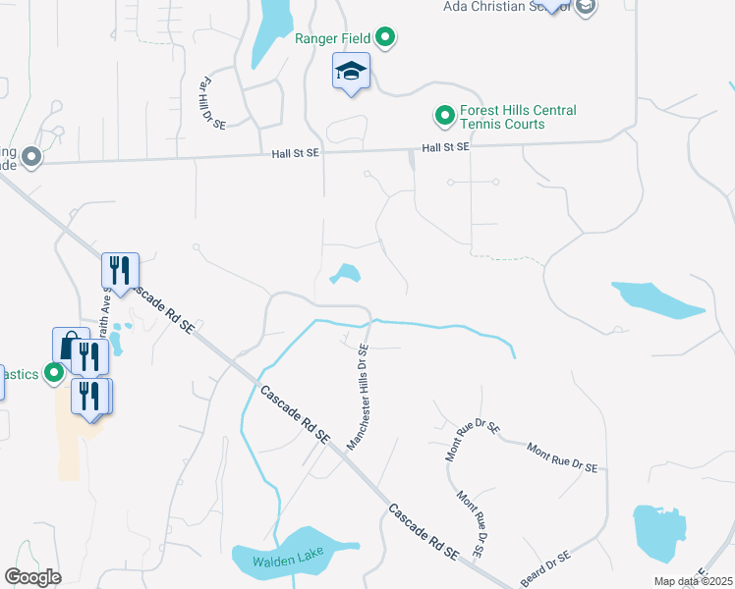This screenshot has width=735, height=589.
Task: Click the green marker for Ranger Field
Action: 386,39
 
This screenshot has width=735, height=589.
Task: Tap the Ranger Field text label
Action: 332,39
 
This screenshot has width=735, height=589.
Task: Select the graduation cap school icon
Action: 351,72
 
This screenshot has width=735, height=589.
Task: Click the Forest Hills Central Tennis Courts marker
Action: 444,117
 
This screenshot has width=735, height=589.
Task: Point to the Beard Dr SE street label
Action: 544,567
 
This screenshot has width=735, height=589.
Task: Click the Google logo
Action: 32,577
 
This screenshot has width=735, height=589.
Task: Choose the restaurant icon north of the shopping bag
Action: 121,270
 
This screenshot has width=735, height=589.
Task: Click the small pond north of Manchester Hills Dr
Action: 345,274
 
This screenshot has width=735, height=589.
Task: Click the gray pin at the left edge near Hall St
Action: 31,157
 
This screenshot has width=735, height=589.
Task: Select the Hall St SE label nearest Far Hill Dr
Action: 296,153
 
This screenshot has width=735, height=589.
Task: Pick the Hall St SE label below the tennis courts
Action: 446,146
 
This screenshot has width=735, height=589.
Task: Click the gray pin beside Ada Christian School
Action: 586,7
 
